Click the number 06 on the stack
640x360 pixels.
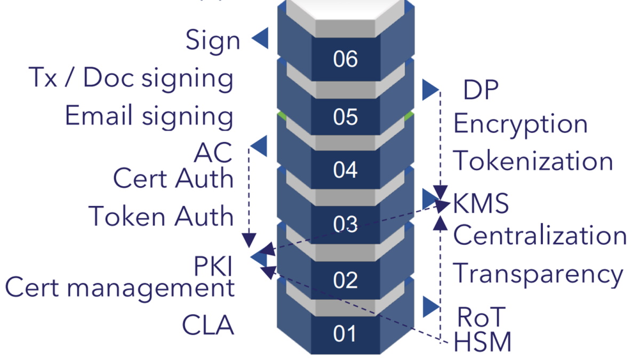tap(345, 59)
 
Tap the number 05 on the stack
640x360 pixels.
tap(345, 117)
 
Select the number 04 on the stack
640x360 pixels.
tap(345, 171)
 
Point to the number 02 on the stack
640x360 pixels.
tap(345, 279)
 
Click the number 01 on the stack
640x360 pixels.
tap(345, 334)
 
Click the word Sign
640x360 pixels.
tap(212, 41)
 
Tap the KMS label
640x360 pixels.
tap(481, 204)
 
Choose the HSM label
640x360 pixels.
tap(482, 342)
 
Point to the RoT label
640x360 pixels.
tap(481, 318)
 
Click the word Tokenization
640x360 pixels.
tap(533, 161)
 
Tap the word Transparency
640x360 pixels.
tap(538, 274)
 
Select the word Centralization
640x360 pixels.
tap(540, 236)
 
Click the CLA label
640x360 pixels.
tap(208, 325)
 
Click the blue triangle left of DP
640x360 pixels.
tap(430, 90)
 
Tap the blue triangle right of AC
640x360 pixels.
tap(259, 146)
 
